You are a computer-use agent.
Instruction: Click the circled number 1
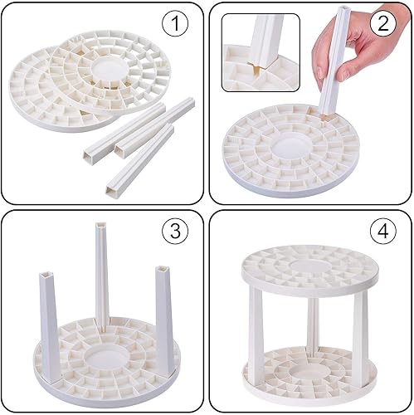tap(175, 23)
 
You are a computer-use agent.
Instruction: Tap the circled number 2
tap(383, 23)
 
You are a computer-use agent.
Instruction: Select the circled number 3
tap(175, 231)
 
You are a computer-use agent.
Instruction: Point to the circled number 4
tap(383, 231)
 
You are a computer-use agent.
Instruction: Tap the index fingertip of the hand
tap(321, 72)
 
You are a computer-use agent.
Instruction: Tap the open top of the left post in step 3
tap(46, 275)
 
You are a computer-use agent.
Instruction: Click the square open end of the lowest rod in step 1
tap(112, 191)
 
